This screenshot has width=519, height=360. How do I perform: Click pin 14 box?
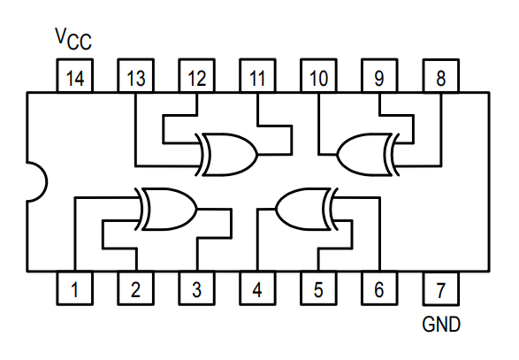75,75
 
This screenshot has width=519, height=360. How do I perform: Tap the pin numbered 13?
135,75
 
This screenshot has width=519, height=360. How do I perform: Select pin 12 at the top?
196,75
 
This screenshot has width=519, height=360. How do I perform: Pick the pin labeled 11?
257,75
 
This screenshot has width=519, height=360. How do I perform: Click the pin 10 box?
318,75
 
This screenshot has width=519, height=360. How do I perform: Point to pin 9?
379,75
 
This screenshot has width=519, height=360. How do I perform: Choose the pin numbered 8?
441,75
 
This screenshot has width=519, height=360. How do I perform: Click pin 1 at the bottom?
75,288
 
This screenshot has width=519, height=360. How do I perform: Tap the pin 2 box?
135,288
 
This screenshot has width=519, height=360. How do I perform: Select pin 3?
196,288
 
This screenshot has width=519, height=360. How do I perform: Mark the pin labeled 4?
257,288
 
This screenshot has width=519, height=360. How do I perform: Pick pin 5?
318,288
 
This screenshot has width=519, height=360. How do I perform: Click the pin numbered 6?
379,288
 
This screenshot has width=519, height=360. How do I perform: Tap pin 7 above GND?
441,288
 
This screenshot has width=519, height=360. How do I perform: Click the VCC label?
73,39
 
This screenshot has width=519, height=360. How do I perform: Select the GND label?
441,324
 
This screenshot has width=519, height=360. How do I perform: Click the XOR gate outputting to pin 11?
228,154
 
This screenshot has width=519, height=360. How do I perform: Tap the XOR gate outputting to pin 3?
167,209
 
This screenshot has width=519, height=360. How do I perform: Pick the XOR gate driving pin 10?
368,154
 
